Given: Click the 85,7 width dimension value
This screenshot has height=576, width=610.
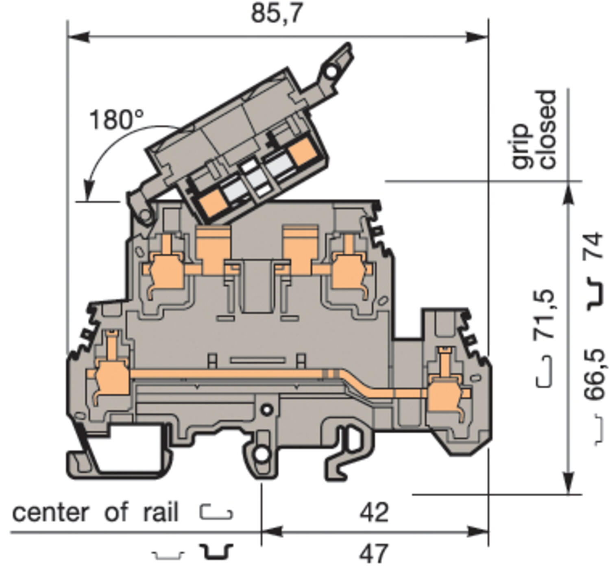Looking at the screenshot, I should tap(277, 13).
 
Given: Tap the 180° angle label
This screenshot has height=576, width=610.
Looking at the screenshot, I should tap(116, 120).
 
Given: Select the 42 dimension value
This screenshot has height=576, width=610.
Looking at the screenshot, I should tap(374, 513).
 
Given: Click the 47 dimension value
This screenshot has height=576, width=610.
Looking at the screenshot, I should tap(374, 554).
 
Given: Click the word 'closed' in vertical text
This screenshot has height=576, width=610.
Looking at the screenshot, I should tap(547, 129).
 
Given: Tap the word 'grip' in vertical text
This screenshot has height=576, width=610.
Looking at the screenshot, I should tap(521, 146).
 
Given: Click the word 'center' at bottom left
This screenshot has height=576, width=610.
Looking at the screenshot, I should tap(50, 513).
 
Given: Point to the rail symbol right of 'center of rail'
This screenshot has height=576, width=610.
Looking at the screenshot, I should tap(216, 513).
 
